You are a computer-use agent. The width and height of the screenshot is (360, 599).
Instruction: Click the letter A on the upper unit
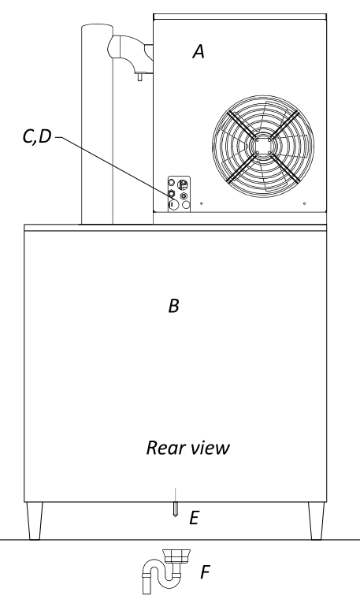(x=199, y=51)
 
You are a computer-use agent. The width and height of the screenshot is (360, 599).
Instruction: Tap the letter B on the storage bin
(x=174, y=306)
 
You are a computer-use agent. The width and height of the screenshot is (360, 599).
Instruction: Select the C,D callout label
(x=37, y=136)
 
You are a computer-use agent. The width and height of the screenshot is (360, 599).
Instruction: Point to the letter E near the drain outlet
(x=194, y=518)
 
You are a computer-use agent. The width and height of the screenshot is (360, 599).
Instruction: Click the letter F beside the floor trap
(x=205, y=572)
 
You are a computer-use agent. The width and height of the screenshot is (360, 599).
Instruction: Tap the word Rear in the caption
(x=165, y=448)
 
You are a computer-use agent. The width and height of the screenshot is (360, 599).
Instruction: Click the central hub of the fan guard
(x=263, y=146)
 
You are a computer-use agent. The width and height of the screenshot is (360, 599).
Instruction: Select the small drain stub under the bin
(x=175, y=509)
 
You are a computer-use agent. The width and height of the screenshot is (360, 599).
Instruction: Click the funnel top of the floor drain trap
(x=176, y=556)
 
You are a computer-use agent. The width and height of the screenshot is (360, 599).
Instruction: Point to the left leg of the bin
(x=35, y=520)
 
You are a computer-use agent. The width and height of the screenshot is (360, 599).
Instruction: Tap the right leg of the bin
(x=316, y=520)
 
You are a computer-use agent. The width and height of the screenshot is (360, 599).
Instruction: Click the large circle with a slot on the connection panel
(x=173, y=205)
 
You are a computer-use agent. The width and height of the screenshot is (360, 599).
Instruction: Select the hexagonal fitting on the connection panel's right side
(x=185, y=196)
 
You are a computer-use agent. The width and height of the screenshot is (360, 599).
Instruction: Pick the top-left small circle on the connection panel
(x=173, y=182)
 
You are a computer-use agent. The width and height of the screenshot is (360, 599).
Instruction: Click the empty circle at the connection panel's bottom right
(x=186, y=205)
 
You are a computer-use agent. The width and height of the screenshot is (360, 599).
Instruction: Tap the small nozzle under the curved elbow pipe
(x=139, y=76)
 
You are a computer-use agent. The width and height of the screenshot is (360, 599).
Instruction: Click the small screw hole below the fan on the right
(x=304, y=203)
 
